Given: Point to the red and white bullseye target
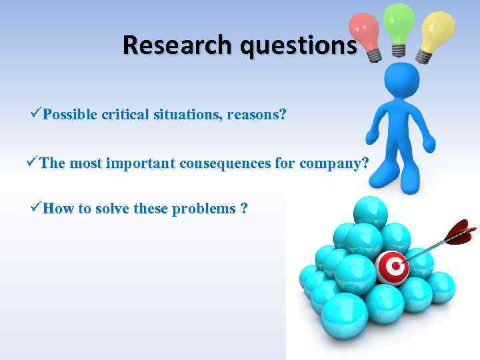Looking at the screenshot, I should click(x=393, y=267).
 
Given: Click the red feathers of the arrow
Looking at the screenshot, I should click(x=461, y=233).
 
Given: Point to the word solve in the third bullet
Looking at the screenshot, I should click(x=117, y=209).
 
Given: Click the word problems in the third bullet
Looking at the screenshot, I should click(x=204, y=209).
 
